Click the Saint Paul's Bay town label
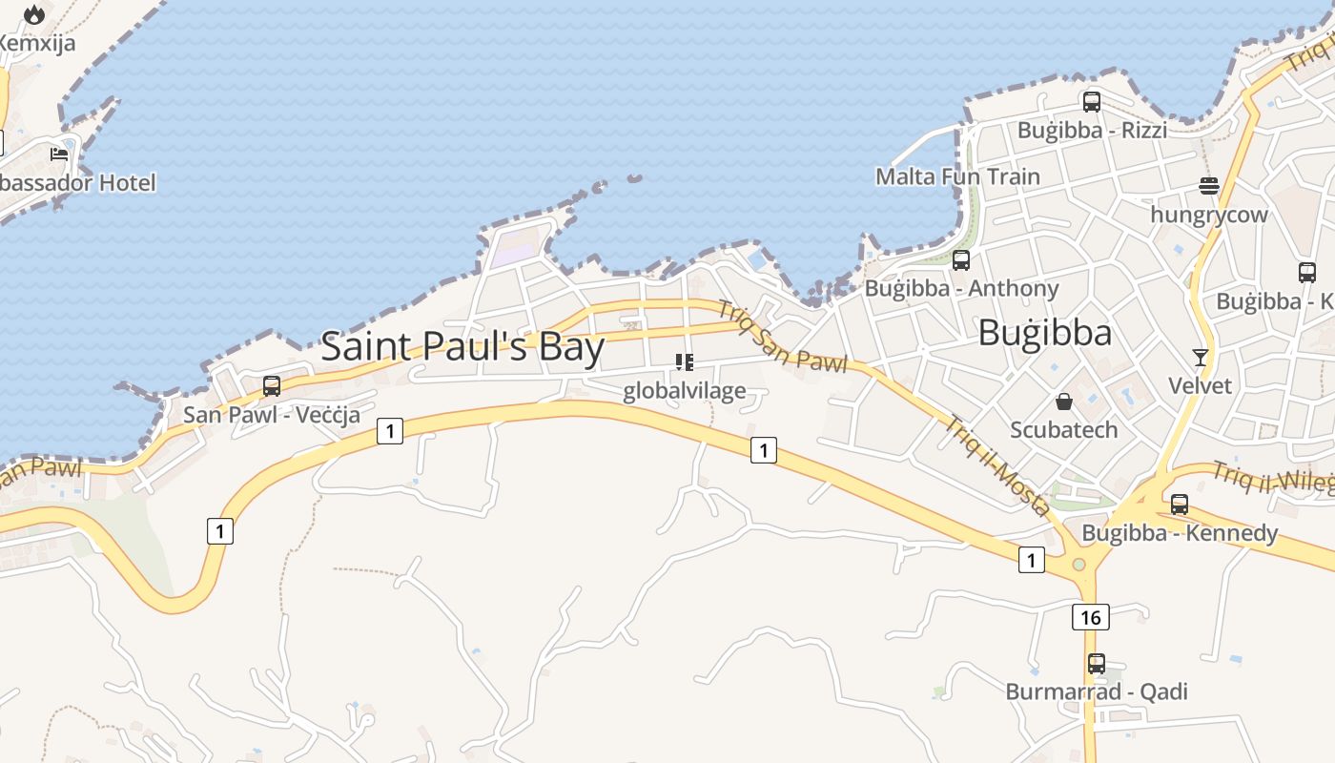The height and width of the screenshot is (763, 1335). [462, 346]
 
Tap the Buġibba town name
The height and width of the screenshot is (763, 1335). [1045, 333]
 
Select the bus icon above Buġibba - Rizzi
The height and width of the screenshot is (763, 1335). [1092, 101]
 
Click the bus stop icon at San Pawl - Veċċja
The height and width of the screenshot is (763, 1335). [272, 385]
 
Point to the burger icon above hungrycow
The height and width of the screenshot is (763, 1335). [1209, 186]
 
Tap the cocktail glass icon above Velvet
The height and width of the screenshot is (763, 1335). [1201, 358]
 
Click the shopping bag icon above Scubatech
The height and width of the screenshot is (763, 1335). [1064, 402]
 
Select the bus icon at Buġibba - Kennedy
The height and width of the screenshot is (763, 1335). [1180, 504]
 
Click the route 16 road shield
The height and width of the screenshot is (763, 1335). [1091, 617]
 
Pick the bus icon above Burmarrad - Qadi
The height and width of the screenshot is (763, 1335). [1097, 663]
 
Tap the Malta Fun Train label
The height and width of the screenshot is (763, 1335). [957, 176]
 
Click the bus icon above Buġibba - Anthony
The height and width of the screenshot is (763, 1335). [961, 259]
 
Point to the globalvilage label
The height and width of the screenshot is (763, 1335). [684, 391]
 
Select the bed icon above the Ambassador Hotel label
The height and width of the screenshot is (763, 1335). [59, 154]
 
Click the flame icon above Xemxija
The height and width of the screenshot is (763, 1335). [35, 14]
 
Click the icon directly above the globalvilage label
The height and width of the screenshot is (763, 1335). [684, 361]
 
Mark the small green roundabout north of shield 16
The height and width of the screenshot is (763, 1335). [1078, 565]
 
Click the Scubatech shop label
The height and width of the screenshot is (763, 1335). [1063, 429]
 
